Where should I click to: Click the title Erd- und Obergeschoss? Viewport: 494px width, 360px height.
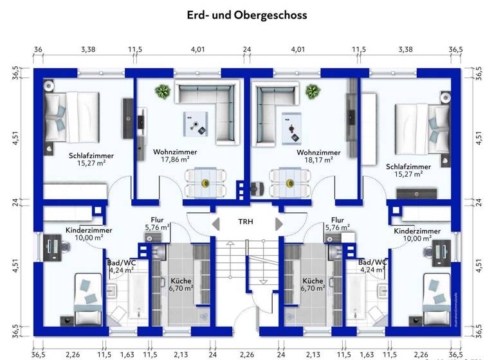tap(247, 14)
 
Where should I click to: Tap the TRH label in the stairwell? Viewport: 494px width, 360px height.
tap(246, 222)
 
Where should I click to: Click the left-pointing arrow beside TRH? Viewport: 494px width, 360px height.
tap(215, 223)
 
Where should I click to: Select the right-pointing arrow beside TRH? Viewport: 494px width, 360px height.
tap(279, 223)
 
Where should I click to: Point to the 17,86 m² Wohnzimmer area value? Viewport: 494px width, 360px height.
tap(175, 160)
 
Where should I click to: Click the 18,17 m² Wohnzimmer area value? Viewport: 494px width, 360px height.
tap(318, 160)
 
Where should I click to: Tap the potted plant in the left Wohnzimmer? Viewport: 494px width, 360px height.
tap(162, 91)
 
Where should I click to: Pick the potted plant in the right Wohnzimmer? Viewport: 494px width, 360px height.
tap(313, 91)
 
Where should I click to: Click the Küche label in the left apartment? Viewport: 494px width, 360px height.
tap(181, 281)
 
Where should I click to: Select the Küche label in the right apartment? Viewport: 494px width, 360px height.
tap(313, 281)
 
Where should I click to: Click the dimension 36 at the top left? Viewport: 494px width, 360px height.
tap(38, 49)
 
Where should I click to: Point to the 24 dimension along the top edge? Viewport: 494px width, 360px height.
tap(247, 49)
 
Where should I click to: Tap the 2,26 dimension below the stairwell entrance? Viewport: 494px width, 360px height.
tap(247, 353)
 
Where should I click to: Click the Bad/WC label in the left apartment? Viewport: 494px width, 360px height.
tap(121, 262)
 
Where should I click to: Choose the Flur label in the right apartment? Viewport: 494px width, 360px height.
tap(337, 219)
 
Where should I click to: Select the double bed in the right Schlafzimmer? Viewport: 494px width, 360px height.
tap(422, 124)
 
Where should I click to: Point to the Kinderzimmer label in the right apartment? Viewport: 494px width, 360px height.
tap(417, 230)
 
